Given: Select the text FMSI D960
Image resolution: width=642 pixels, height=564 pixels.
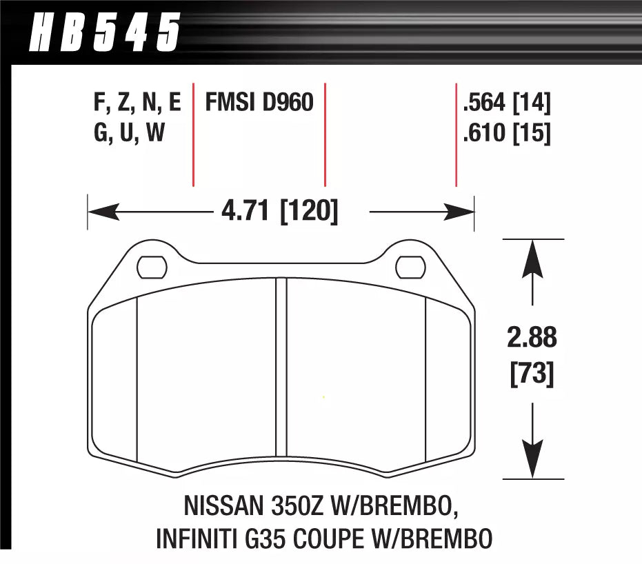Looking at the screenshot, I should coord(259,103).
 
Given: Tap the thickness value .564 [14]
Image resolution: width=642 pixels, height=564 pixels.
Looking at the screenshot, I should coord(507,103).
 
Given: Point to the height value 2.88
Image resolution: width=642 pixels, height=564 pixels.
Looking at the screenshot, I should coord(532,339).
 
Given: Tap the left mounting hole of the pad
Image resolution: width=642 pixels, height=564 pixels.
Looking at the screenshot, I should coord(151,265).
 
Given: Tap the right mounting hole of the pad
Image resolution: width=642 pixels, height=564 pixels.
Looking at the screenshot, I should coord(411,265).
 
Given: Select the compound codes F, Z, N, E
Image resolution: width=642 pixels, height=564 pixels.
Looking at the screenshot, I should coord(137,103).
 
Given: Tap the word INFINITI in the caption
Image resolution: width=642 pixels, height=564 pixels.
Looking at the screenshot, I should coord(195,538).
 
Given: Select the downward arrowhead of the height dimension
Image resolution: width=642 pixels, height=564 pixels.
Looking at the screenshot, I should coord(532,463).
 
